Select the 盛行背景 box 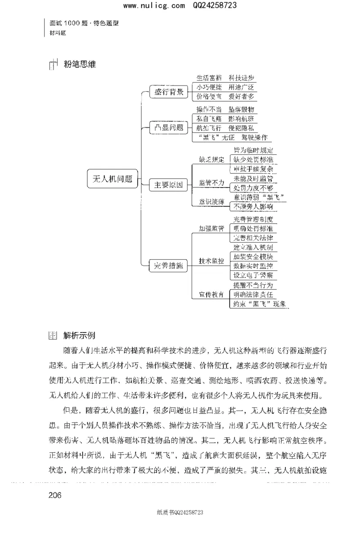click(169, 92)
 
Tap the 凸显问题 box click(169, 127)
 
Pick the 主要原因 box click(169, 184)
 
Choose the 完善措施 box click(169, 266)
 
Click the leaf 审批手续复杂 click(253, 169)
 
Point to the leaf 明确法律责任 click(253, 294)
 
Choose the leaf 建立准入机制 click(253, 247)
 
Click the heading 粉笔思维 click(80, 64)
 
